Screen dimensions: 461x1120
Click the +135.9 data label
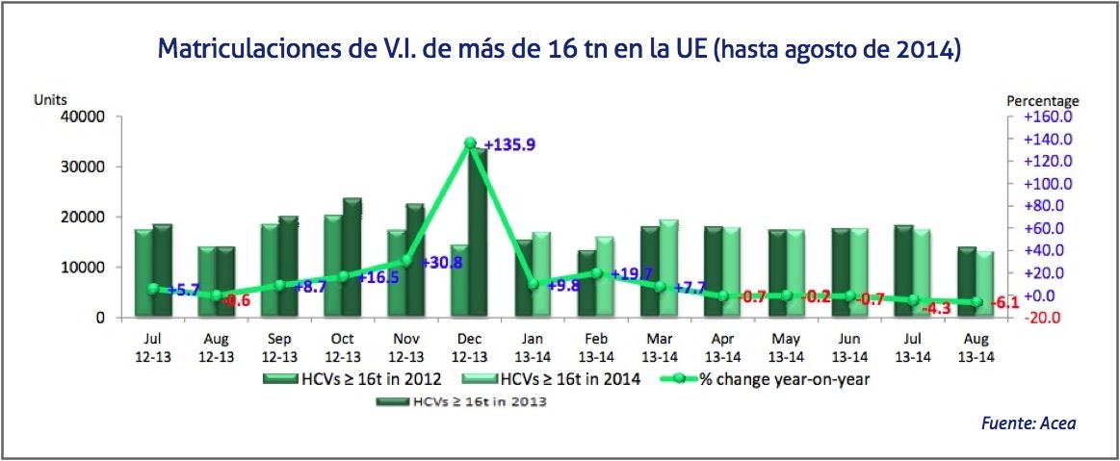510,145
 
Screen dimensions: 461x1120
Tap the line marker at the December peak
469,143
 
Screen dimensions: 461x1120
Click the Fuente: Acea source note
1028,423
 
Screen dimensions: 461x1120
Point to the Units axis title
50,99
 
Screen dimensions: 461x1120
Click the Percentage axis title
1043,100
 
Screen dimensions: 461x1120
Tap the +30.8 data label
443,262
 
